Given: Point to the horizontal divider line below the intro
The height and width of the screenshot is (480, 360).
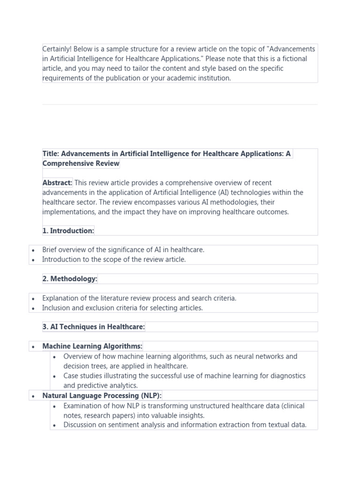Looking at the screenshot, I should pyautogui.click(x=180, y=105).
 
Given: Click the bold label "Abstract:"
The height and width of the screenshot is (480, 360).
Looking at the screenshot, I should pyautogui.click(x=57, y=183).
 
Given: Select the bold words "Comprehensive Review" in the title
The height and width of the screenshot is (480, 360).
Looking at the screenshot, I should pyautogui.click(x=81, y=164).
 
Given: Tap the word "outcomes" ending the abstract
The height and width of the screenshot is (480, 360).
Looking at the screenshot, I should pyautogui.click(x=272, y=212).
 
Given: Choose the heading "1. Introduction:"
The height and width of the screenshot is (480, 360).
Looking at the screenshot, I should pyautogui.click(x=68, y=231).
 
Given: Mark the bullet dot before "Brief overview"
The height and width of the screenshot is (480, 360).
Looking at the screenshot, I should pyautogui.click(x=33, y=250).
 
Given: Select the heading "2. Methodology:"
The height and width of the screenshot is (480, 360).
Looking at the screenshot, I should pyautogui.click(x=70, y=279).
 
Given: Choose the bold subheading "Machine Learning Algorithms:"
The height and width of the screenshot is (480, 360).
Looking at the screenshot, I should pyautogui.click(x=92, y=346).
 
